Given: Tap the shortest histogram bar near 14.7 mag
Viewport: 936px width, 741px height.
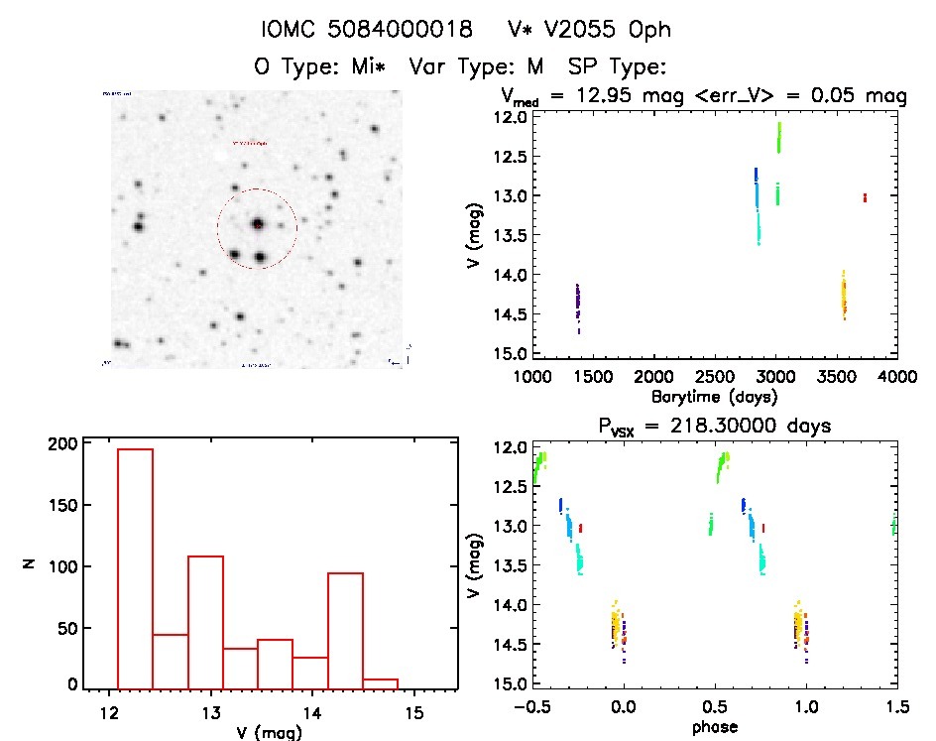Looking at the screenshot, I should point(380,683).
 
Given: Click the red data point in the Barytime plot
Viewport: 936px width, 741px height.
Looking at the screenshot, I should point(865,197).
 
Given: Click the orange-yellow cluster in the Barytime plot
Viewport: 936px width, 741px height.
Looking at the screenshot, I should point(844,295).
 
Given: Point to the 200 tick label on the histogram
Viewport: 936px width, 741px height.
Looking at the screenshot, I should point(61,444).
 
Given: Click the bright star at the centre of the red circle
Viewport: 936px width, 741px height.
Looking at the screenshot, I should point(257,224).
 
